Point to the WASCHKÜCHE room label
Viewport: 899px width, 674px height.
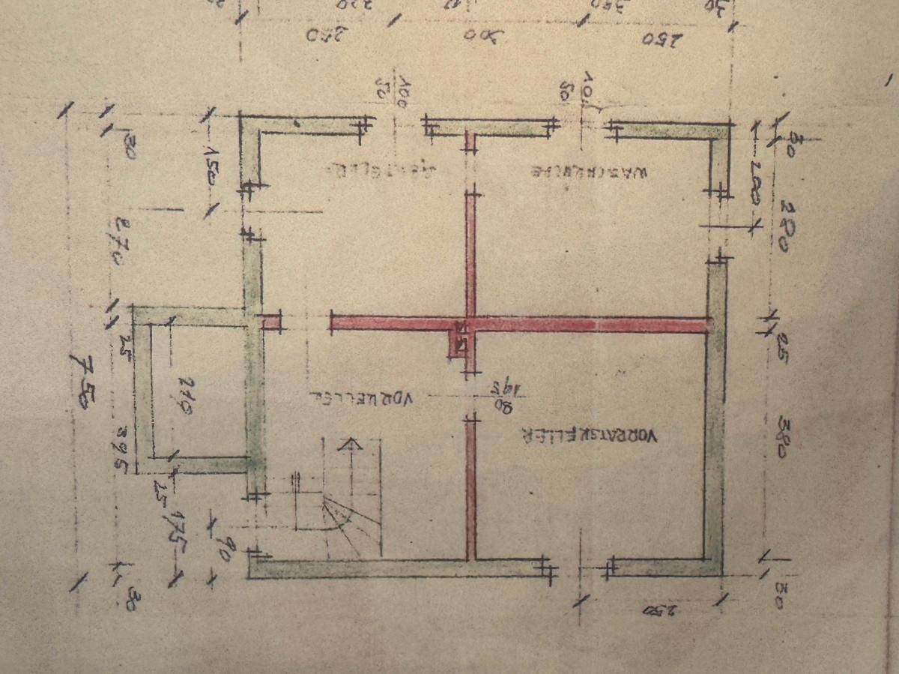[589, 171]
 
